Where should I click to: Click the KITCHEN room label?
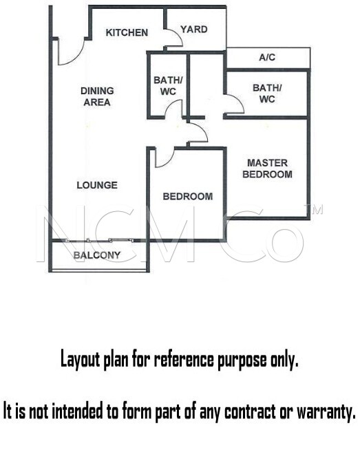click(x=127, y=32)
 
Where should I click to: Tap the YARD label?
click(x=194, y=30)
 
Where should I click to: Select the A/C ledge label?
click(x=267, y=57)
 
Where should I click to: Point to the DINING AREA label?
click(x=97, y=96)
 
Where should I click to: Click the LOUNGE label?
click(x=97, y=185)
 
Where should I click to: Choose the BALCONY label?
click(x=97, y=255)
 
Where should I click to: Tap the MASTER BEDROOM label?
click(x=267, y=169)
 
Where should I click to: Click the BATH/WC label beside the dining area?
click(x=168, y=86)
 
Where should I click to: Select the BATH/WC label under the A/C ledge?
click(x=267, y=94)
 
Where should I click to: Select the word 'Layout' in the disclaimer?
click(x=80, y=360)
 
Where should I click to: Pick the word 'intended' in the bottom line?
click(x=78, y=411)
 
